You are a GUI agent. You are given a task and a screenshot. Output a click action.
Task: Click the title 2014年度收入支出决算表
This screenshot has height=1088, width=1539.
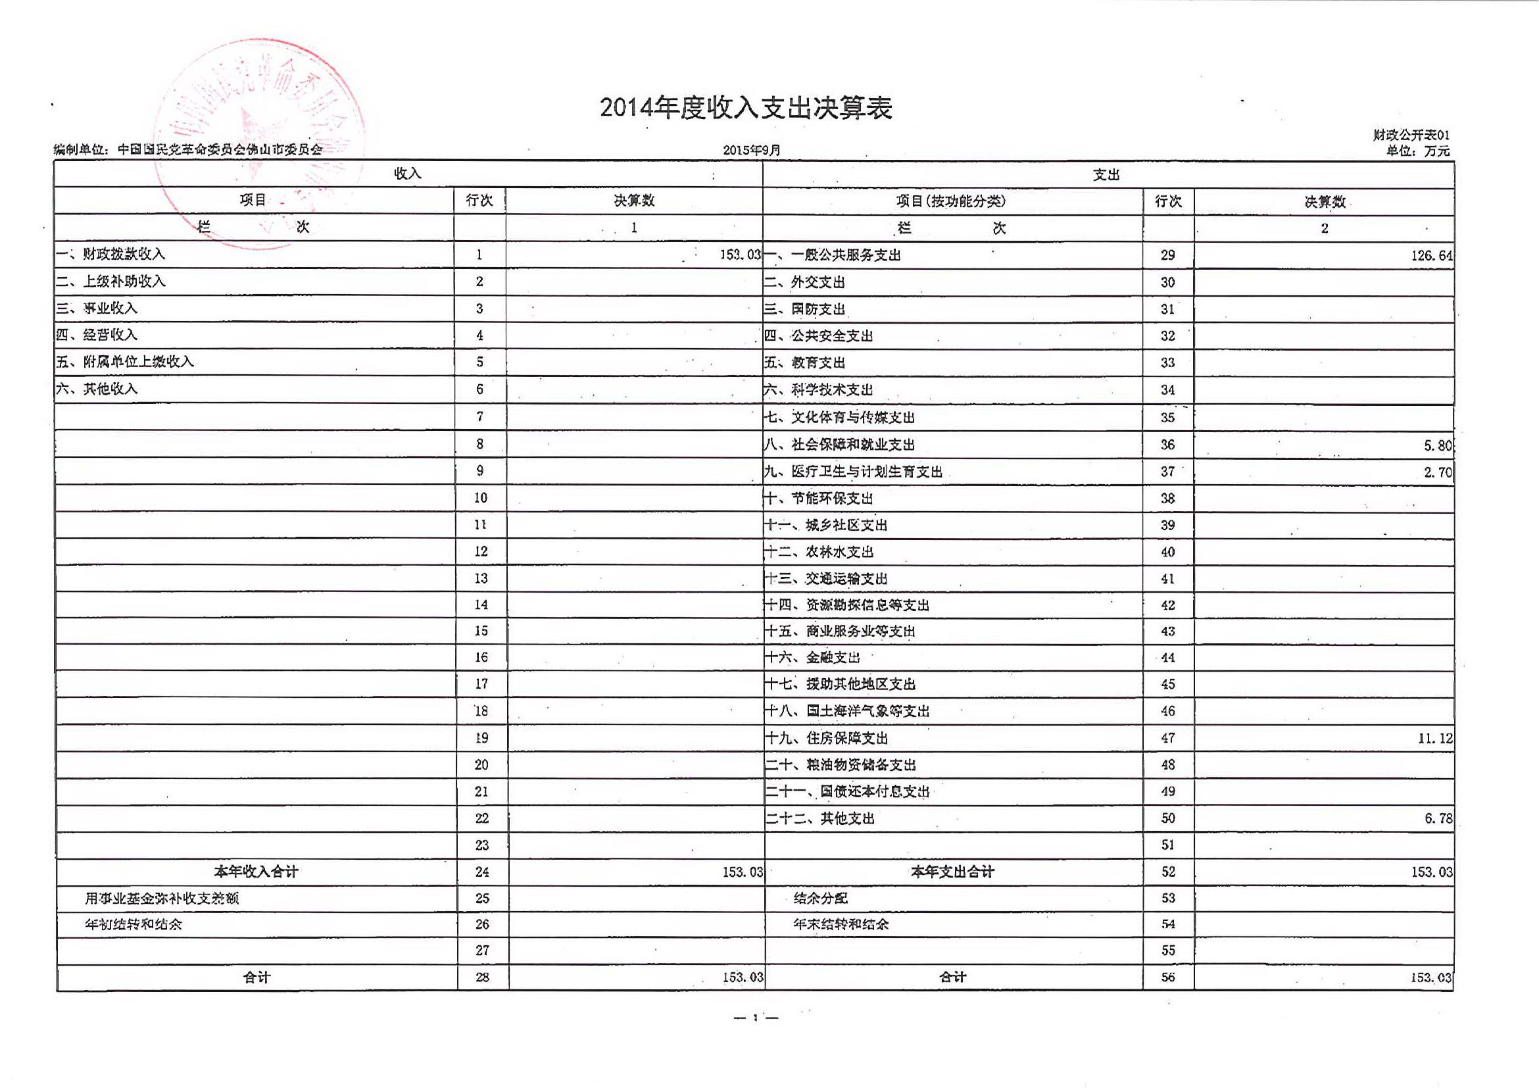coord(745,108)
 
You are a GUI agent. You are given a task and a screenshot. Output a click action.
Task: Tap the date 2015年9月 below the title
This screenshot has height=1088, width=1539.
coord(751,150)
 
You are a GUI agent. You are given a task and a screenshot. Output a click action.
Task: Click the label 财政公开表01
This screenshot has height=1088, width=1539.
coord(1411,136)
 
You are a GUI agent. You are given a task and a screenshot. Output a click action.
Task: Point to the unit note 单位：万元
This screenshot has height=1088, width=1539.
coord(1418,151)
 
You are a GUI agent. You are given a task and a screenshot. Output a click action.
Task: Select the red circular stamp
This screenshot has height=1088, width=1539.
coord(258,142)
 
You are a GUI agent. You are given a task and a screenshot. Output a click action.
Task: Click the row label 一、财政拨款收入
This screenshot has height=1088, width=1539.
coord(110,254)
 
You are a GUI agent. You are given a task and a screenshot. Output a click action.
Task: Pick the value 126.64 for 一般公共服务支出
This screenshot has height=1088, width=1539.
coord(1431,256)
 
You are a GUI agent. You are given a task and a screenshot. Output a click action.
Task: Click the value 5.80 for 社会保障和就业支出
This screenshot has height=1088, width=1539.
coord(1437,445)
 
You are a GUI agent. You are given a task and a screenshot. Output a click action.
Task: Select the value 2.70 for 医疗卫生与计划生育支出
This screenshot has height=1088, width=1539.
coord(1437,472)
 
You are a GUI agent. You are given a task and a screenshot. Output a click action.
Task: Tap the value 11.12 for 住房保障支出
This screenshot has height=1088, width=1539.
coord(1434,739)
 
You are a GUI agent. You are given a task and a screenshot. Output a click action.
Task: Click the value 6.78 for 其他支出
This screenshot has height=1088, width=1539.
coord(1438,818)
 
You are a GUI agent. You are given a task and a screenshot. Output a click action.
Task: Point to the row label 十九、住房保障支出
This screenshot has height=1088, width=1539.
coord(827,738)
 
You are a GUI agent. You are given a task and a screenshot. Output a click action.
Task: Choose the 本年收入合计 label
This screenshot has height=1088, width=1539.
coord(256,872)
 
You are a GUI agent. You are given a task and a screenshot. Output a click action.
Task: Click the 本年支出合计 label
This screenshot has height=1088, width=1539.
coord(952,872)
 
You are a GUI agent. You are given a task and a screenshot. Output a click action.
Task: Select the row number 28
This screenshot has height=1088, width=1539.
coord(482,977)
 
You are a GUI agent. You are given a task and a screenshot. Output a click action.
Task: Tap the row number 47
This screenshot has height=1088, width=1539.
coord(1167,738)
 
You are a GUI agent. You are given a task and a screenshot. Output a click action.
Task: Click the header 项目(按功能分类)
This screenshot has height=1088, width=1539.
coord(950,201)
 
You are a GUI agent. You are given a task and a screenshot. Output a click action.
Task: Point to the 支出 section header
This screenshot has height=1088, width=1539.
coord(1106,175)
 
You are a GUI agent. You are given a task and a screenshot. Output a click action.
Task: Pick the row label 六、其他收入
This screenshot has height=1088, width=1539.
coord(97,389)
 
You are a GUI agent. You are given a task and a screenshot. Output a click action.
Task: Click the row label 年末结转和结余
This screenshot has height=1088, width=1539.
coord(841,924)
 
